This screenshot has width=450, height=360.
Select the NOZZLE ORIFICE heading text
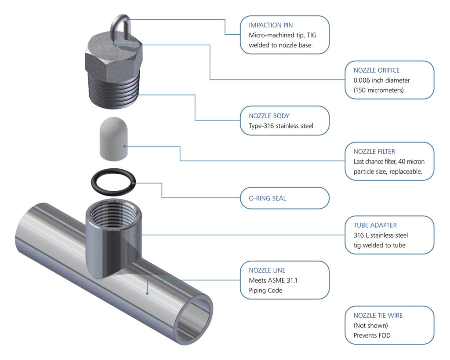(377, 70)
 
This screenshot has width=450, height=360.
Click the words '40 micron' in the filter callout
(412, 161)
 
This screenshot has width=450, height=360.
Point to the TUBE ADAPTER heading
(375, 225)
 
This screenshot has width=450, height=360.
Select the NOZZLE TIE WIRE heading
(378, 315)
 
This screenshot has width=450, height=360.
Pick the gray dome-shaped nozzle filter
(112, 138)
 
